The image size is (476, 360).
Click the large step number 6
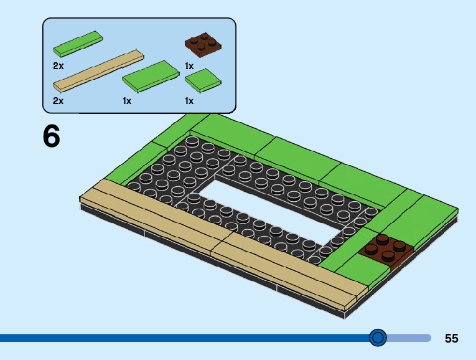(52, 136)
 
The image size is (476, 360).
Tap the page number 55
(452, 338)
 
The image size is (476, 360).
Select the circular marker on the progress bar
(378, 338)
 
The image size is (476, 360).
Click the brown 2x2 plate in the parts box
(203, 45)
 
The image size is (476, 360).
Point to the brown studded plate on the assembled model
(386, 250)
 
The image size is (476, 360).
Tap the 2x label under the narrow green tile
(58, 65)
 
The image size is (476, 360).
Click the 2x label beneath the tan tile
(58, 101)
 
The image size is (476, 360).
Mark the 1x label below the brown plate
(189, 65)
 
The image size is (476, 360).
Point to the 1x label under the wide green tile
(127, 101)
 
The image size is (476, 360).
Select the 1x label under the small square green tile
(189, 101)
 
